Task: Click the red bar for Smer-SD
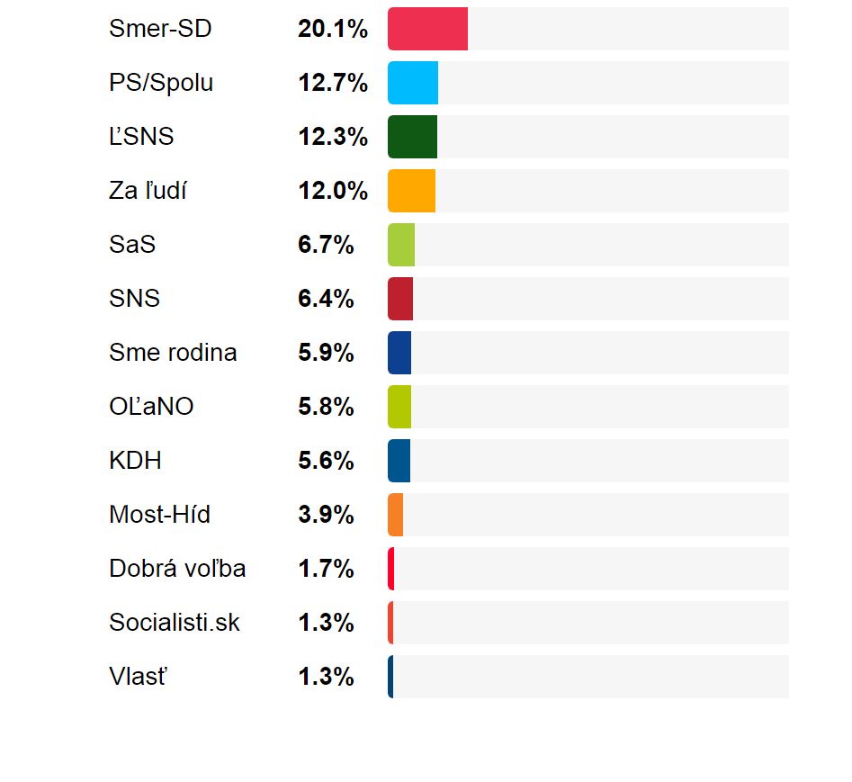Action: [427, 29]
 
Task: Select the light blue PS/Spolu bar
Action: [413, 83]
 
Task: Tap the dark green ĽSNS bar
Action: [412, 137]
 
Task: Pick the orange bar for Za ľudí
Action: [411, 191]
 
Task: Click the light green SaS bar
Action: [401, 245]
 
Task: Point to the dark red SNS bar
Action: [400, 299]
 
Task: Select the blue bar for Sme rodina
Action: [399, 353]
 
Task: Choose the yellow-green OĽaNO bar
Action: [399, 407]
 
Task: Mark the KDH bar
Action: [399, 461]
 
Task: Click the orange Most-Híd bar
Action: [396, 515]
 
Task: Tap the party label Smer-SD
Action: [160, 29]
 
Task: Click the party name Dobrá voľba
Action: [177, 569]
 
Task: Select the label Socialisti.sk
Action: [175, 623]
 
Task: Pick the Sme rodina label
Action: [173, 353]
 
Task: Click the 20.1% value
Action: [333, 29]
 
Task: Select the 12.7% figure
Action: [333, 83]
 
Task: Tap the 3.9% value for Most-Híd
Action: [326, 515]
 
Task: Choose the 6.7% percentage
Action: [326, 245]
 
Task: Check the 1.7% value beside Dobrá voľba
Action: [326, 569]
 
